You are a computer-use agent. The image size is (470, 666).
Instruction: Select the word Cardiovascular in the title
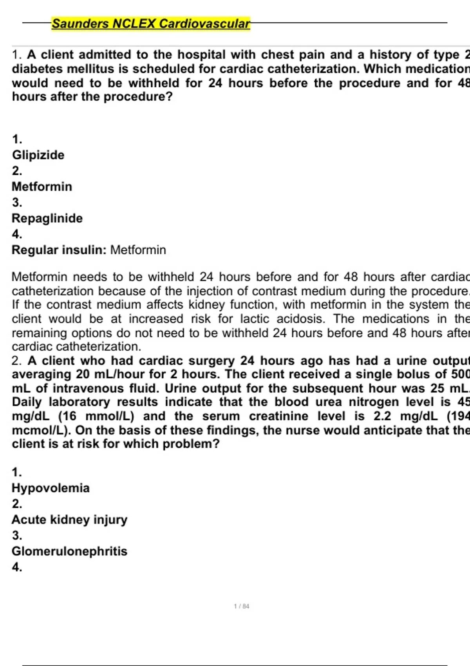click(x=204, y=24)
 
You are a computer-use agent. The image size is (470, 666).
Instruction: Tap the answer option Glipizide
click(x=38, y=155)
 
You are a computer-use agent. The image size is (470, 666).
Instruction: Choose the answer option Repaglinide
click(x=47, y=218)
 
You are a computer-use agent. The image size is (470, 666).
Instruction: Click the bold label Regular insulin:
click(x=59, y=250)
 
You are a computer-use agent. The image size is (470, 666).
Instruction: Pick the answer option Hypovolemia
click(x=51, y=488)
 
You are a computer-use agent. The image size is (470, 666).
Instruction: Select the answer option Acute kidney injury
click(x=69, y=519)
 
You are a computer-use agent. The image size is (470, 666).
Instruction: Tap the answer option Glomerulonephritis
click(x=69, y=551)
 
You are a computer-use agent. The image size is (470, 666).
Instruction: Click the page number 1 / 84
click(x=241, y=606)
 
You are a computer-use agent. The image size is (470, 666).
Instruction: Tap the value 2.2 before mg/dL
click(x=382, y=416)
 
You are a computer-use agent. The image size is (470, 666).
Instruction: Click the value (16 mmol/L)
click(x=96, y=416)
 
